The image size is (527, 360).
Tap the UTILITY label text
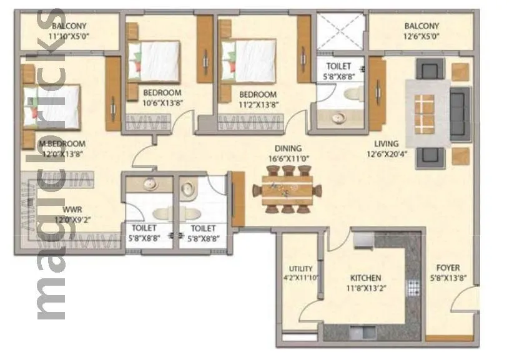(300, 269)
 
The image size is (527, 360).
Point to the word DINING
(288, 148)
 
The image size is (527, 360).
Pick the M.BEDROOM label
(62, 144)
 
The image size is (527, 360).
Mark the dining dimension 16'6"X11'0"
(288, 158)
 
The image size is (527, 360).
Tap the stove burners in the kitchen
(413, 287)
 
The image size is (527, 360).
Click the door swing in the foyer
(463, 304)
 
